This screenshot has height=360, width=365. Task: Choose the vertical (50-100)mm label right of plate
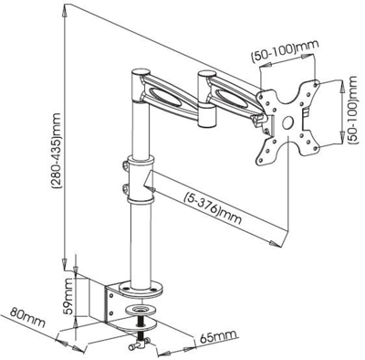point(351,118)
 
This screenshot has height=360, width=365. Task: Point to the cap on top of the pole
point(141,71)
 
